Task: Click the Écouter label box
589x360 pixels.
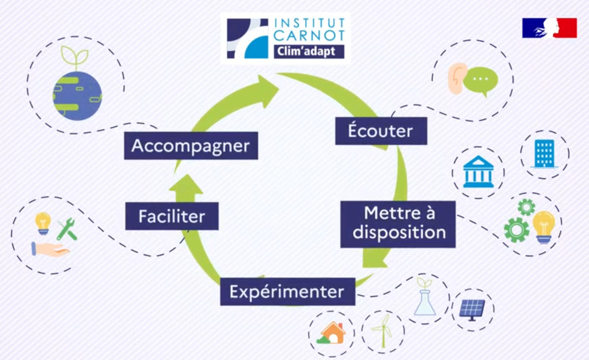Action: pos(381,131)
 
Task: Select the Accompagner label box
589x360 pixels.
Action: pos(191,146)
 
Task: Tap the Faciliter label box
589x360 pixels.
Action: pos(172,216)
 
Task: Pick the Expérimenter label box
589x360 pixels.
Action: pos(287,292)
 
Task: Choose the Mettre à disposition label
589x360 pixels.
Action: pos(399,223)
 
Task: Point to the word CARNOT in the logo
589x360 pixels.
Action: pos(309,35)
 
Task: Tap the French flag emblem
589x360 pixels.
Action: pos(549,28)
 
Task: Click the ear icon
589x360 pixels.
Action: pos(455,79)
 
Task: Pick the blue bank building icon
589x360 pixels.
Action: pos(478,172)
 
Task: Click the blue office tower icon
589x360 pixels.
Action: pos(544,154)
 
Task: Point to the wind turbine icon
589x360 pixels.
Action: pos(383,331)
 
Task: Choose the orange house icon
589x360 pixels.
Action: pos(332,333)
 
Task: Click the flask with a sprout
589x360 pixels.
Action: pos(424,299)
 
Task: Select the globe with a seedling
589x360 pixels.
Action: pos(77,91)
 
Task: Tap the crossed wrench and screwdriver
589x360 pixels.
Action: pos(67,229)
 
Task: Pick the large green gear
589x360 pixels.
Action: pos(516,230)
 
